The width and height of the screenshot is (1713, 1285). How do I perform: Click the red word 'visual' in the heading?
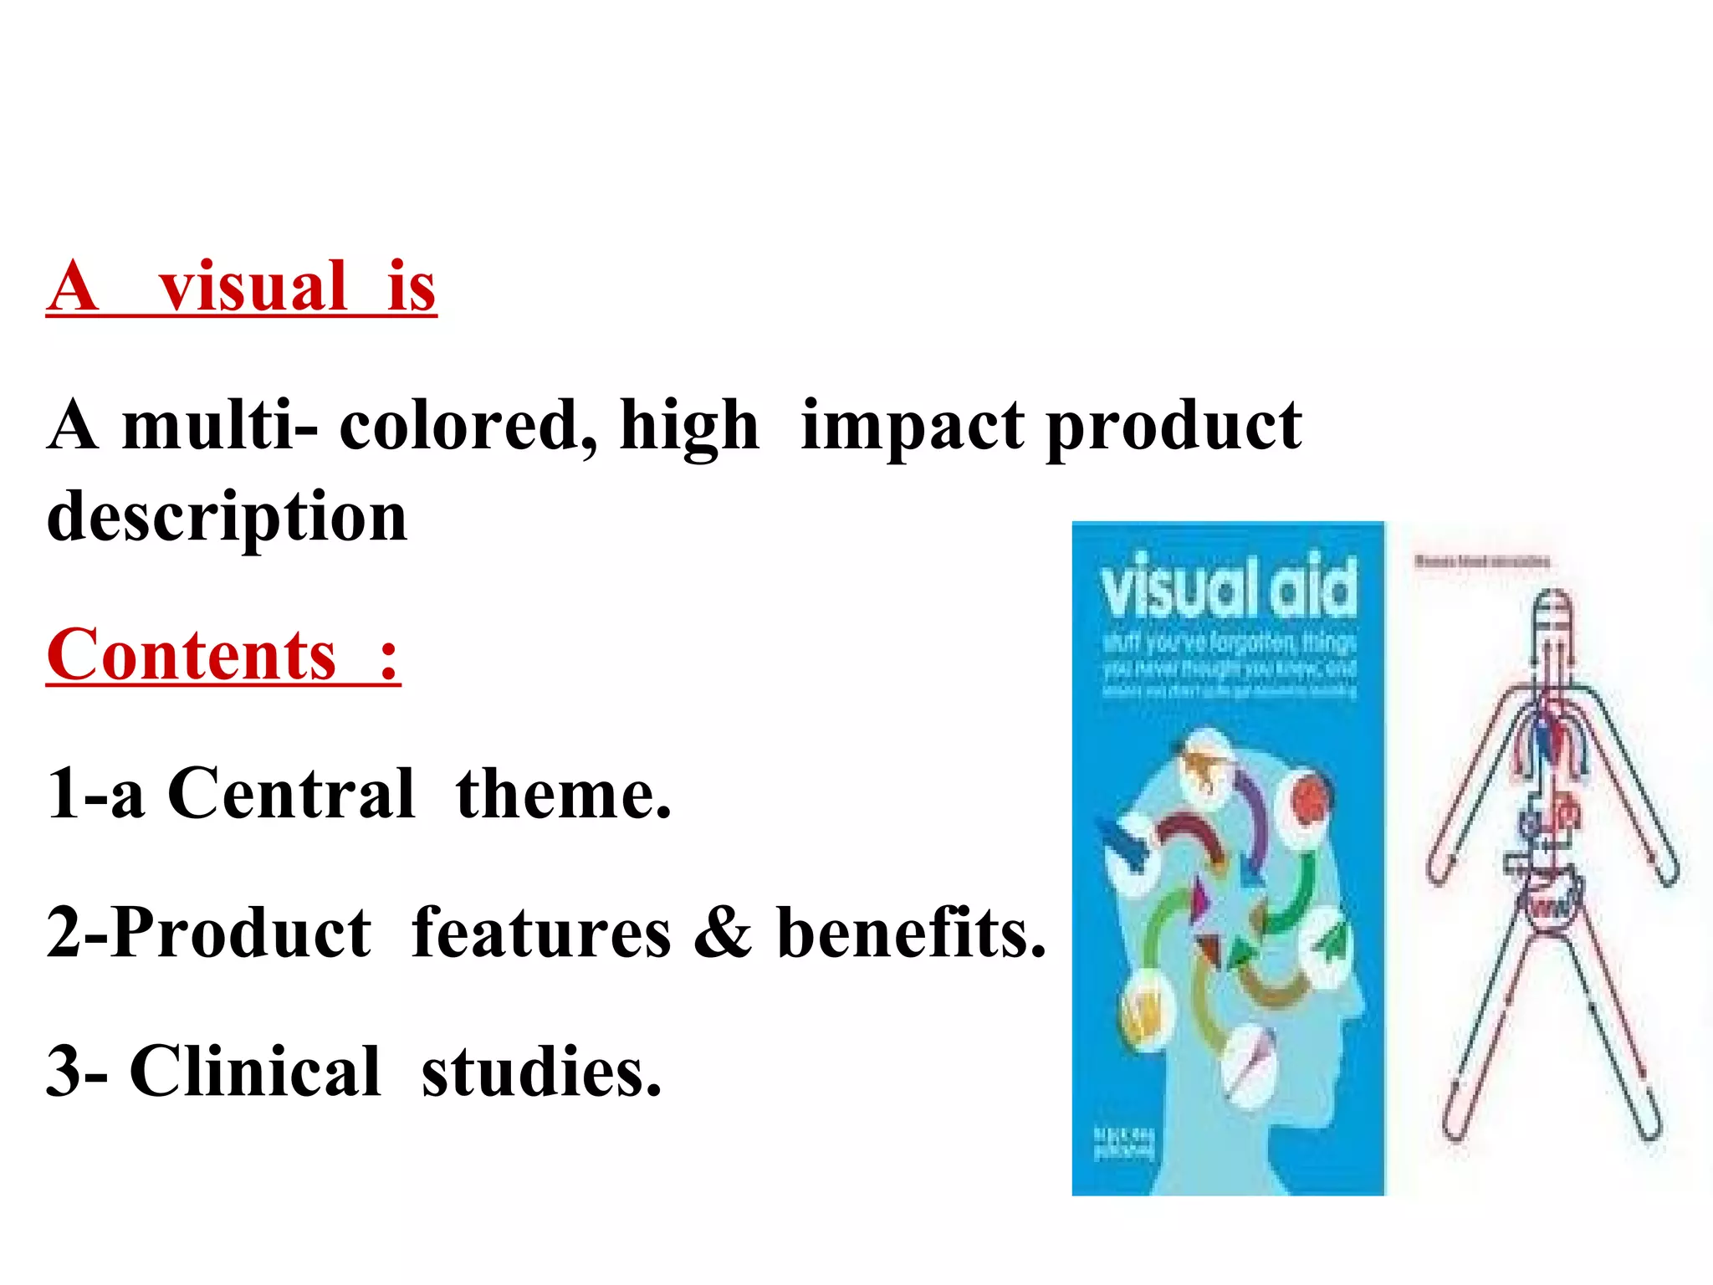[253, 286]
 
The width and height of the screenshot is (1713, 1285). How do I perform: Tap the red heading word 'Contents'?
[192, 654]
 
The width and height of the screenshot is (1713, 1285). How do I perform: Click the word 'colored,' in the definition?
[468, 425]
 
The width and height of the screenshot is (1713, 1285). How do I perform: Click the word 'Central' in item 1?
[291, 793]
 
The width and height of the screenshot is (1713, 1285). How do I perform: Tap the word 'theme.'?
[563, 793]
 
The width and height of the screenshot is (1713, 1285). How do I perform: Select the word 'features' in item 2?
[541, 932]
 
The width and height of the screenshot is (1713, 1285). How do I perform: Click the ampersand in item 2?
[723, 932]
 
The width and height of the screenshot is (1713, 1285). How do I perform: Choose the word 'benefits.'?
[911, 932]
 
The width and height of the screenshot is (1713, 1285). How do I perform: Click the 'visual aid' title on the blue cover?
[1228, 586]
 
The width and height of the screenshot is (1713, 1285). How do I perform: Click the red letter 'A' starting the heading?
[74, 286]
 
